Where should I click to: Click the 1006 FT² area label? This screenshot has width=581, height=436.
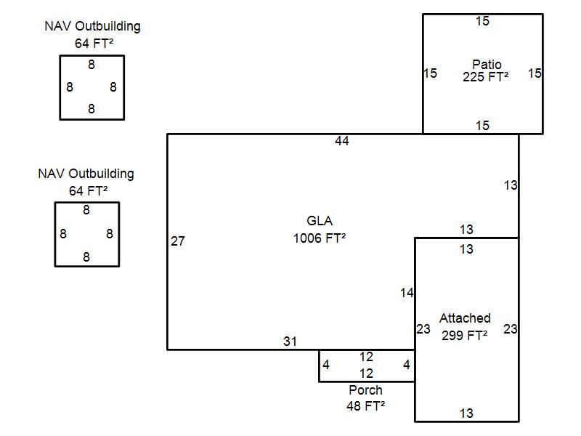pyautogui.click(x=320, y=238)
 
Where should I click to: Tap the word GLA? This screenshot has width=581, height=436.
pyautogui.click(x=320, y=221)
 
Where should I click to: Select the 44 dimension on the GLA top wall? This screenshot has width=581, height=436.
pyautogui.click(x=342, y=141)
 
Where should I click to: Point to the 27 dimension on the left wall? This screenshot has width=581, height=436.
pyautogui.click(x=178, y=241)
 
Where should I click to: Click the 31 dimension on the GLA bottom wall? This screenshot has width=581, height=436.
pyautogui.click(x=290, y=341)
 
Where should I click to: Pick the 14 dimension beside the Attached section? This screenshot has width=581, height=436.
pyautogui.click(x=407, y=293)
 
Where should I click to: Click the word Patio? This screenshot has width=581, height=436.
pyautogui.click(x=487, y=65)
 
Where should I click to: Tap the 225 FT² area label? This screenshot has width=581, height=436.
pyautogui.click(x=485, y=76)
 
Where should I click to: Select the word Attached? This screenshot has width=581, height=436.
pyautogui.click(x=465, y=318)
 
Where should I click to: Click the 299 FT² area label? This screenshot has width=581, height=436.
pyautogui.click(x=464, y=334)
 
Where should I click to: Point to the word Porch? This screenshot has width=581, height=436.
pyautogui.click(x=365, y=390)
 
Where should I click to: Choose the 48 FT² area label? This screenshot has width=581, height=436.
pyautogui.click(x=365, y=406)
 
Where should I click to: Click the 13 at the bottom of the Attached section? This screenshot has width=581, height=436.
pyautogui.click(x=466, y=413)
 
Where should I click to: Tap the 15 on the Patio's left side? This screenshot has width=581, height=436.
pyautogui.click(x=430, y=73)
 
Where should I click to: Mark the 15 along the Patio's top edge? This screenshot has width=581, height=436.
pyautogui.click(x=482, y=21)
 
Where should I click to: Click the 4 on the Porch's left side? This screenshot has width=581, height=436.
pyautogui.click(x=326, y=365)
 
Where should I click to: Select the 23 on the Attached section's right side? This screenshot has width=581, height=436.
pyautogui.click(x=511, y=329)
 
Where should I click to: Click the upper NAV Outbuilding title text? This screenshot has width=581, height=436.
pyautogui.click(x=92, y=26)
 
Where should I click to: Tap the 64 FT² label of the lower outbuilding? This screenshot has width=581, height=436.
pyautogui.click(x=86, y=190)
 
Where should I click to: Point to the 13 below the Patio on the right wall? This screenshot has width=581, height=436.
pyautogui.click(x=511, y=185)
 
